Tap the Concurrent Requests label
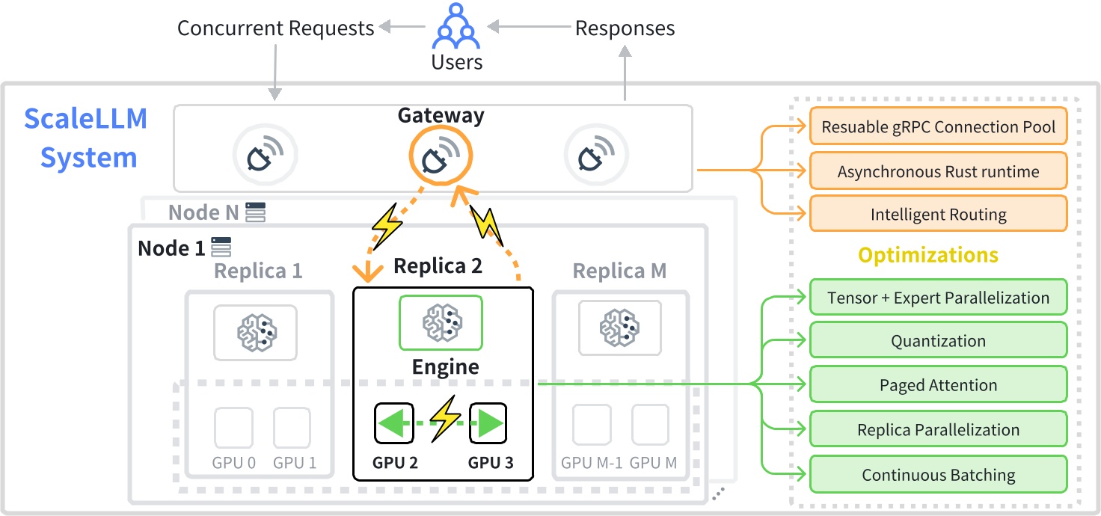click(x=275, y=28)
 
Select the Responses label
click(x=625, y=28)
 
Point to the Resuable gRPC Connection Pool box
click(x=938, y=127)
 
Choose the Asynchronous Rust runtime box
click(x=938, y=171)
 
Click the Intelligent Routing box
click(x=938, y=215)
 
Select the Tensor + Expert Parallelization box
click(x=938, y=298)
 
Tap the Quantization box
click(x=938, y=341)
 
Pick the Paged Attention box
click(x=938, y=385)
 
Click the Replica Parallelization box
click(x=938, y=430)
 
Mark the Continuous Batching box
click(x=938, y=475)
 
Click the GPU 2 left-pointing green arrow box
click(x=393, y=423)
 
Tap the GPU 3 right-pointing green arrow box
click(x=488, y=423)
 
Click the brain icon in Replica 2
click(x=441, y=322)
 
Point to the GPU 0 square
click(x=233, y=426)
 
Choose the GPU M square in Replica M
click(x=650, y=425)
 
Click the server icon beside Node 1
click(x=221, y=248)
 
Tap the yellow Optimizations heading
click(x=927, y=255)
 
